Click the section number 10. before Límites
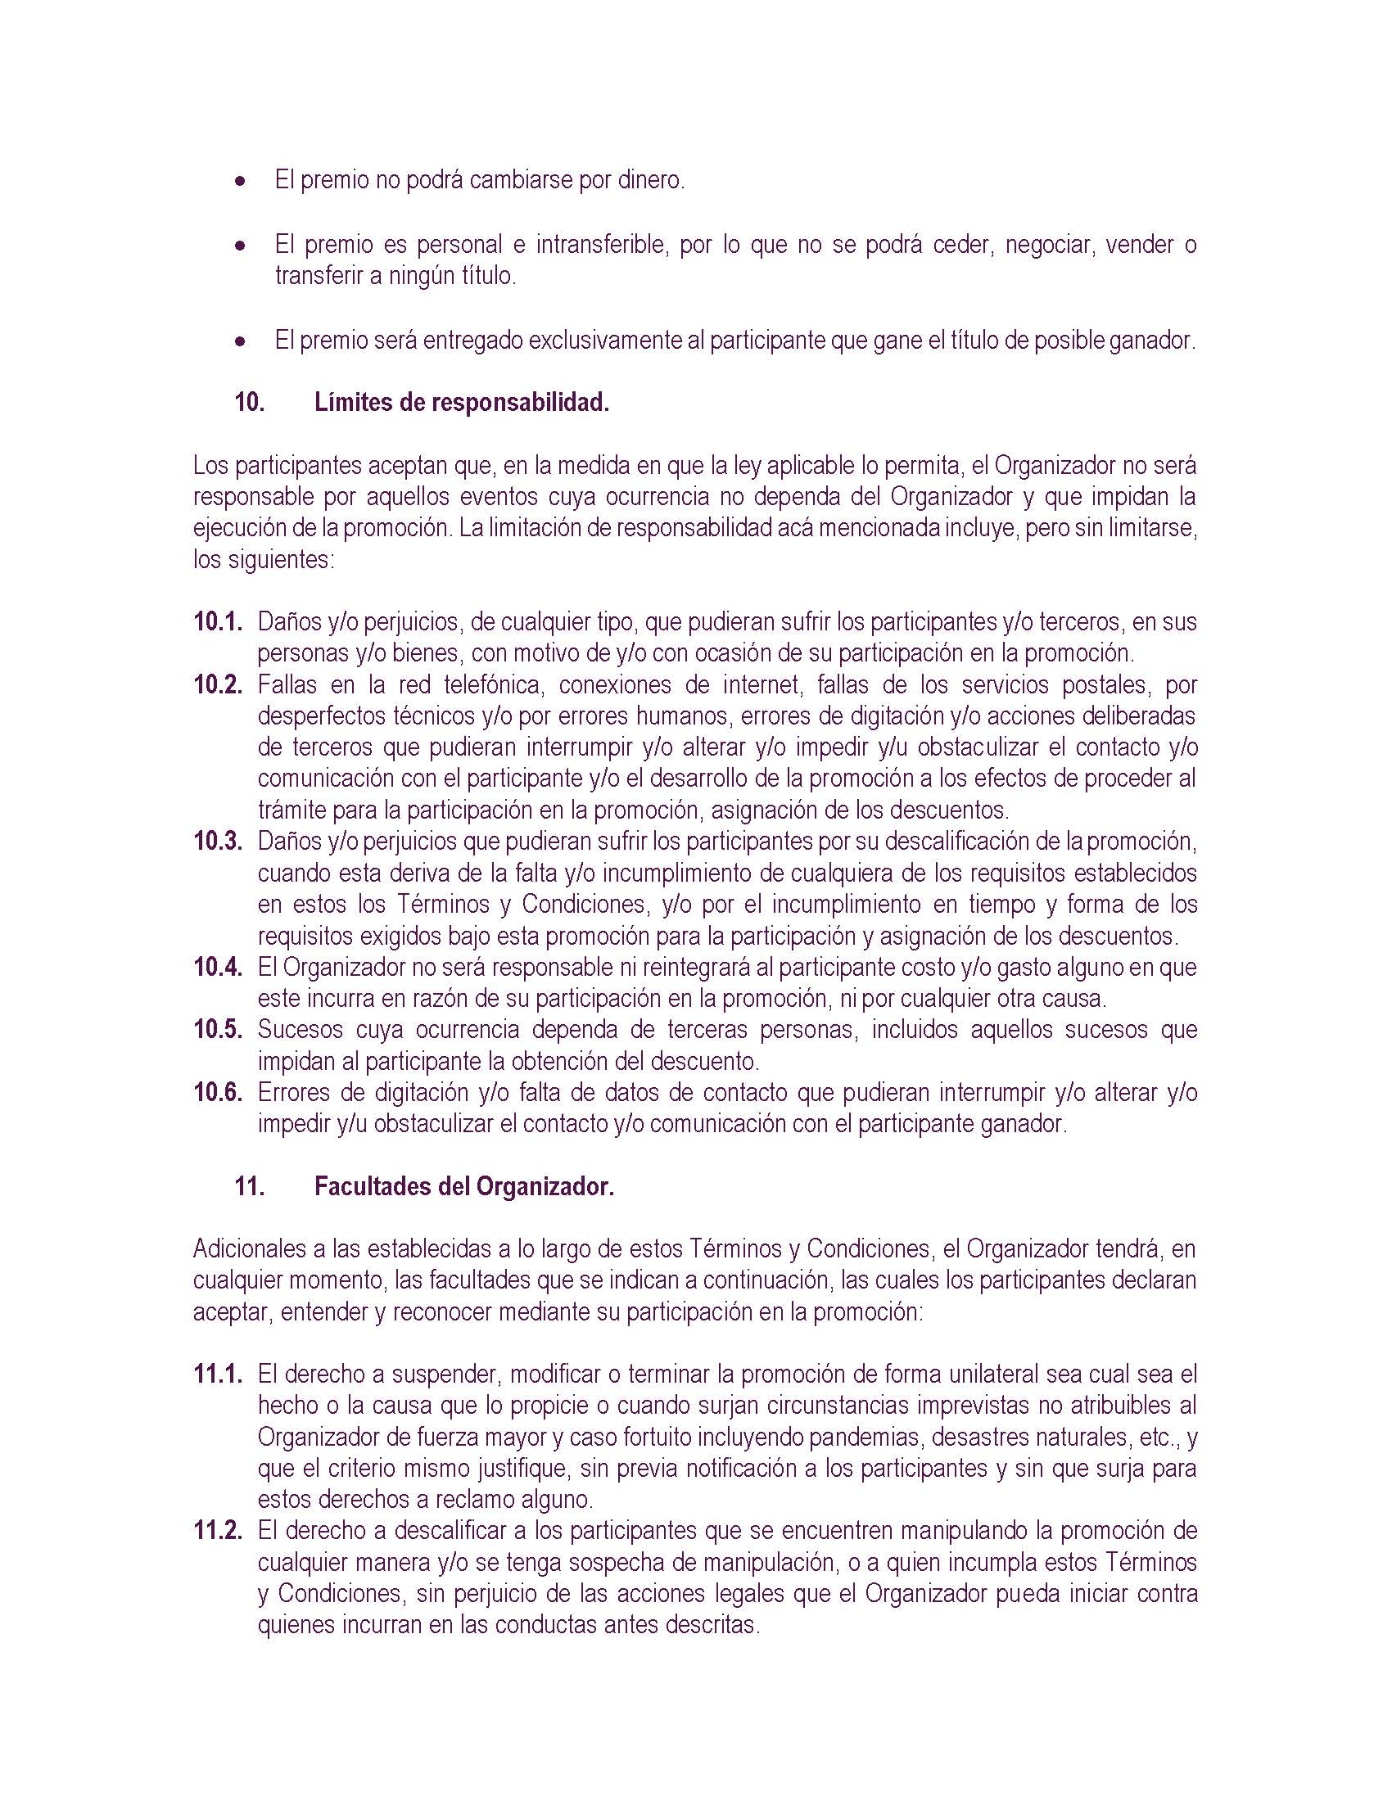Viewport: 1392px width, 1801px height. click(250, 404)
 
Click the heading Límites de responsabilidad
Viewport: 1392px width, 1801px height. click(462, 404)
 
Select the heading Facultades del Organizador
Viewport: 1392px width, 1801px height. click(464, 1187)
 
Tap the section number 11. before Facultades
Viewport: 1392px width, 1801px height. click(250, 1187)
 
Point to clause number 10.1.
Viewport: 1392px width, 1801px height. click(219, 621)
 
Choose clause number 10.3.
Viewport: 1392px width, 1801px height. click(219, 841)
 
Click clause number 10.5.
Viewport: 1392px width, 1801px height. click(219, 1029)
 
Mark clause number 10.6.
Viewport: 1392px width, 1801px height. click(219, 1093)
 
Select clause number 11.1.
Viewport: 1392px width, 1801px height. click(219, 1374)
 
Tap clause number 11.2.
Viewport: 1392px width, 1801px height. click(219, 1532)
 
